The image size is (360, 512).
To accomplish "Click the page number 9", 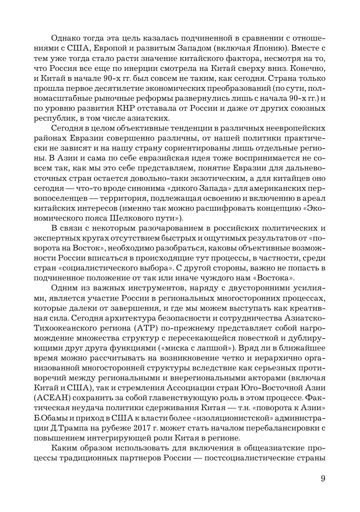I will pos(323,478).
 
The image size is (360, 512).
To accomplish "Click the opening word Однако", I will pos(65,38).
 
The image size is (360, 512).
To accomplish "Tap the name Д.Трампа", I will pos(69,428).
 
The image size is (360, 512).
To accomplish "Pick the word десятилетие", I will pos(97,88).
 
